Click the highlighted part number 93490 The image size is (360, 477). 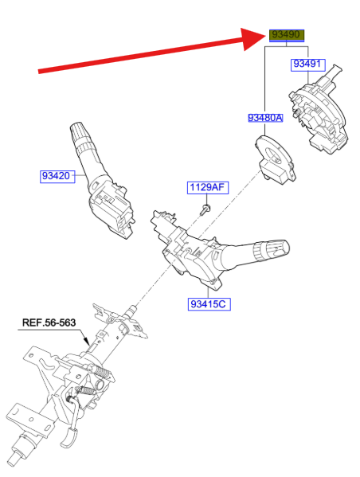pyautogui.click(x=287, y=35)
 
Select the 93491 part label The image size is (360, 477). pyautogui.click(x=307, y=65)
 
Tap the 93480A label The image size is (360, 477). pyautogui.click(x=265, y=118)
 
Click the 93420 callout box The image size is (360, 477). pyautogui.click(x=57, y=177)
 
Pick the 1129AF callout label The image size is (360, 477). pyautogui.click(x=208, y=187)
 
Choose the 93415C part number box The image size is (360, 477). pyautogui.click(x=209, y=304)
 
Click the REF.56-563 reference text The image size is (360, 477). pyautogui.click(x=49, y=323)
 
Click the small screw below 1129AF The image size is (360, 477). pyautogui.click(x=205, y=209)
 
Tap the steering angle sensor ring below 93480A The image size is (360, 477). pyautogui.click(x=275, y=159)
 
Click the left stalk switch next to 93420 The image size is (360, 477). pyautogui.click(x=102, y=182)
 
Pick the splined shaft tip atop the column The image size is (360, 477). pyautogui.click(x=131, y=311)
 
